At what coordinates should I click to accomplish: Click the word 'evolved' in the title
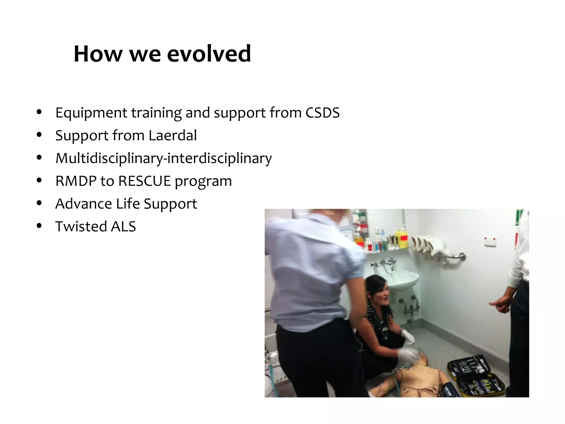[x=209, y=54]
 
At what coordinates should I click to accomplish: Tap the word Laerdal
[x=172, y=136]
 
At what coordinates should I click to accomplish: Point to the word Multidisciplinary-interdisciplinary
[x=163, y=158]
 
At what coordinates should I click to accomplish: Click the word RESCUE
[x=145, y=181]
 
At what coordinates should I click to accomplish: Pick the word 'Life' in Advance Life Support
[x=128, y=204]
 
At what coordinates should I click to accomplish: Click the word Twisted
[x=81, y=227]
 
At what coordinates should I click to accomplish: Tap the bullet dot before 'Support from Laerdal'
[x=39, y=135]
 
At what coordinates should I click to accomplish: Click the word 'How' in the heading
[x=98, y=54]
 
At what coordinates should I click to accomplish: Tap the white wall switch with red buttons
[x=490, y=241]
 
